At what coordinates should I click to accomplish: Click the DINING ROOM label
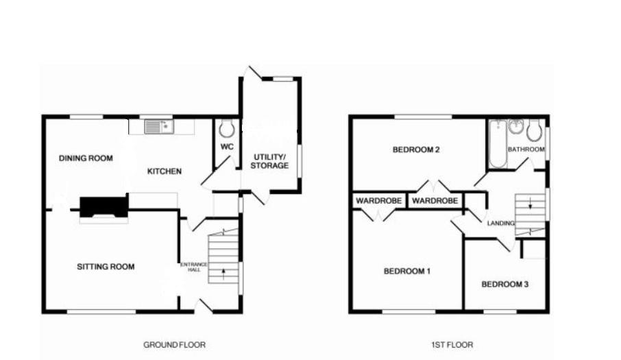tap(86, 158)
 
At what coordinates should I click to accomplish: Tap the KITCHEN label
tap(165, 171)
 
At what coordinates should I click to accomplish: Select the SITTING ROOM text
tap(106, 267)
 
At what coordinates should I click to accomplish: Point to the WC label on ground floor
tap(227, 146)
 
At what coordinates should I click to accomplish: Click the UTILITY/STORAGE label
tap(269, 161)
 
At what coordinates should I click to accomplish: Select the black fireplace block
tap(103, 206)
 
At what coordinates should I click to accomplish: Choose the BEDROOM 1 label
tap(406, 272)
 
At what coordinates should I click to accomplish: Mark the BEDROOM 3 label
tap(504, 284)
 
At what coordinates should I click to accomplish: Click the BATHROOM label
tap(526, 149)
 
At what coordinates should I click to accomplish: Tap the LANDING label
tap(500, 224)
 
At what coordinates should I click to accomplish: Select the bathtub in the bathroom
tap(497, 143)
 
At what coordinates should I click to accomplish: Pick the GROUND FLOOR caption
tap(174, 345)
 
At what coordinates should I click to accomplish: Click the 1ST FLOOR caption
tap(453, 345)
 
